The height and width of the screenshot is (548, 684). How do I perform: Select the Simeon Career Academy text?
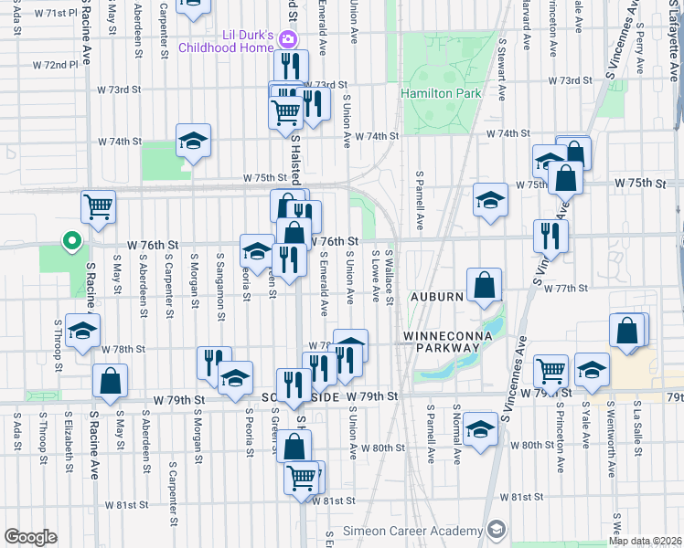(419, 531)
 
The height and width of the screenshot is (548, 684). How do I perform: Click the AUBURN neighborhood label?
(436, 298)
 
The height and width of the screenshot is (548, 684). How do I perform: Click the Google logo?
(30, 537)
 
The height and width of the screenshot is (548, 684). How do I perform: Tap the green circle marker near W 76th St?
(70, 242)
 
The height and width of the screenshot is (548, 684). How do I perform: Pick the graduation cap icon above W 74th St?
(194, 140)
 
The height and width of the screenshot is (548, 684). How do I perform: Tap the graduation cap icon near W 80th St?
(480, 428)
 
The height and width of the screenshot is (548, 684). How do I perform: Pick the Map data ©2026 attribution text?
(644, 541)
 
